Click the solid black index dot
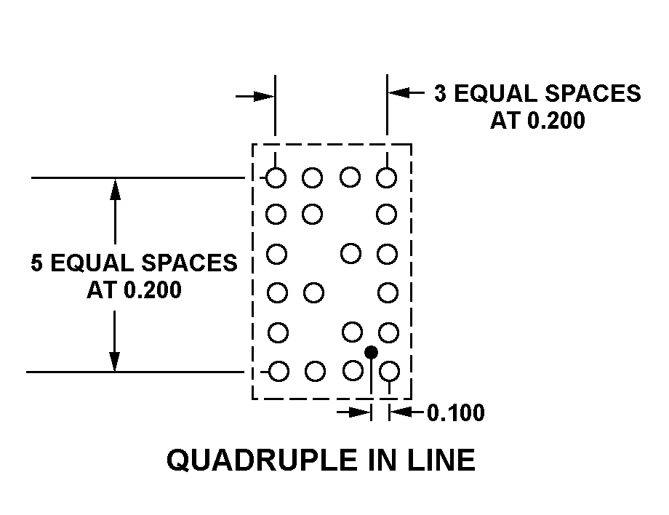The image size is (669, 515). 371,353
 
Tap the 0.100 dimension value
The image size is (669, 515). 456,412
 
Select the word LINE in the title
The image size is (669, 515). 441,460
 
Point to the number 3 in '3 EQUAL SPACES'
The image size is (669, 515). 440,93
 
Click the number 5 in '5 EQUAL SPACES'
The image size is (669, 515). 36,263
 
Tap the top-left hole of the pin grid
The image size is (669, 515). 276,177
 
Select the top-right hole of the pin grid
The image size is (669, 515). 387,177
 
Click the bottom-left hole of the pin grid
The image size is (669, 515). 279,371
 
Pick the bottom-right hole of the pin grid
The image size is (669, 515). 390,371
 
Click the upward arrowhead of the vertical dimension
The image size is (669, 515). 115,189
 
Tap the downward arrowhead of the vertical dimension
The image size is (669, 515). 114,362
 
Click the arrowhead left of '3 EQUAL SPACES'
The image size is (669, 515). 398,92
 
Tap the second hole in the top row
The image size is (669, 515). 312,177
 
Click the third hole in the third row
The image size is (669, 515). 350,254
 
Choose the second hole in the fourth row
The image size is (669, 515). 313,292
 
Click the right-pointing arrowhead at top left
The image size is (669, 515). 265,97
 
